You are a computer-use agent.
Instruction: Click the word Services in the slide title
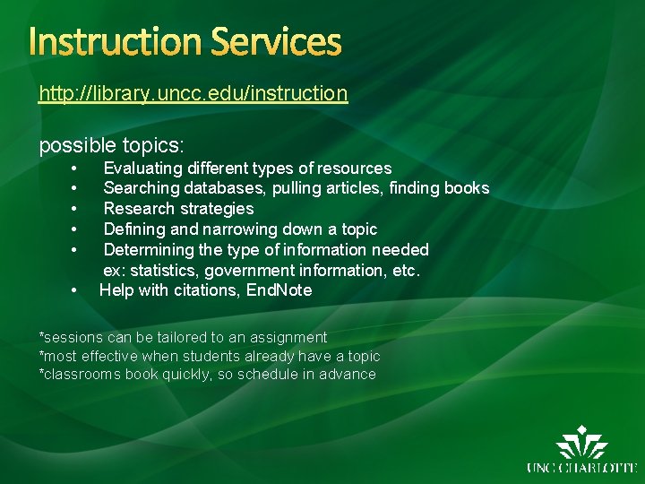click(x=277, y=42)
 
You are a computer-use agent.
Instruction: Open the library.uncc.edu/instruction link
click(x=193, y=92)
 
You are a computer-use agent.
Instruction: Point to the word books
click(x=467, y=188)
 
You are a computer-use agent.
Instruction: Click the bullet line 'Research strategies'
click(x=178, y=209)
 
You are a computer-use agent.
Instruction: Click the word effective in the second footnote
click(x=106, y=357)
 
